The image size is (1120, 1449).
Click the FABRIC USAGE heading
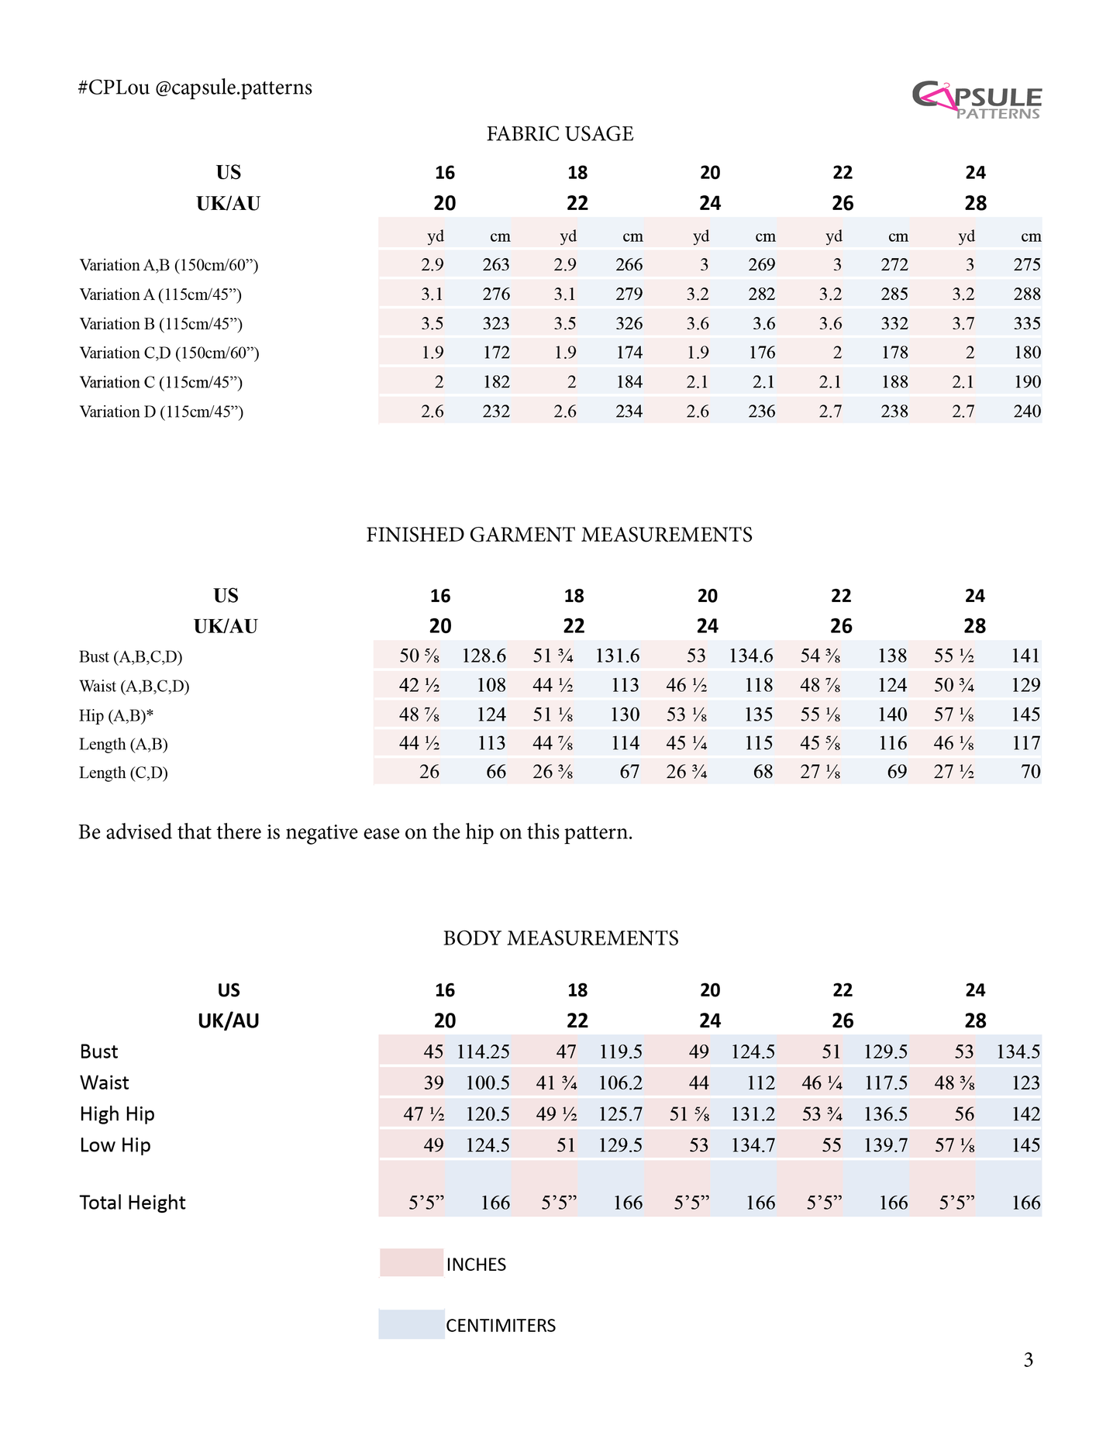pyautogui.click(x=560, y=134)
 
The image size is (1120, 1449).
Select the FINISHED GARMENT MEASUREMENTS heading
pyautogui.click(x=559, y=535)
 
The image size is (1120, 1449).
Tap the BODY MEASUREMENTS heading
pyautogui.click(x=560, y=938)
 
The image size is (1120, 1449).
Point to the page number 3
pyautogui.click(x=1028, y=1360)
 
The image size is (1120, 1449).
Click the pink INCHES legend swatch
pyautogui.click(x=410, y=1263)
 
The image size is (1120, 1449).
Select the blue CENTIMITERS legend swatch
pyautogui.click(x=411, y=1324)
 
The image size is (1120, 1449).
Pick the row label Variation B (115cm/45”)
pyautogui.click(x=160, y=324)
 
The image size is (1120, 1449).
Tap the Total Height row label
pyautogui.click(x=133, y=1203)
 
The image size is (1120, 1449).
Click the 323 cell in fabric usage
pyautogui.click(x=496, y=324)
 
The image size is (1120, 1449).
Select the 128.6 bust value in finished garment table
pyautogui.click(x=484, y=656)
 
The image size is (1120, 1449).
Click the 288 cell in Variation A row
pyautogui.click(x=1027, y=294)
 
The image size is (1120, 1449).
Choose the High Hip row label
pyautogui.click(x=117, y=1114)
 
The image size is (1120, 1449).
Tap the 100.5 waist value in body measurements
pyautogui.click(x=487, y=1082)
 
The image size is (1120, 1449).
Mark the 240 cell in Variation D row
pyautogui.click(x=1027, y=411)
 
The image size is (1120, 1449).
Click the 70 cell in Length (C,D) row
pyautogui.click(x=1030, y=772)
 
